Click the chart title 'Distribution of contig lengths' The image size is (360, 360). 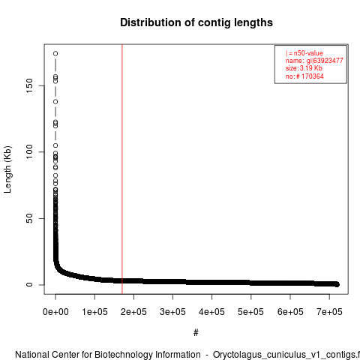coord(196,22)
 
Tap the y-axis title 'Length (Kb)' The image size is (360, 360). coord(7,169)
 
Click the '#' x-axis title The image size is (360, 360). coord(196,332)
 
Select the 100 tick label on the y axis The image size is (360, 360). coord(29,151)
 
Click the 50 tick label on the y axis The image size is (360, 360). coord(29,218)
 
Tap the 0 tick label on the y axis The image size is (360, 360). coord(29,284)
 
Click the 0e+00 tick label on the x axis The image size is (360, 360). coord(55,312)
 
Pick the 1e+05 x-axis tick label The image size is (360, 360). coord(94,312)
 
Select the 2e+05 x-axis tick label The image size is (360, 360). coord(133,312)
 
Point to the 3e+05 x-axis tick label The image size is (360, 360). coord(172,312)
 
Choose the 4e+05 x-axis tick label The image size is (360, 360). coord(211,312)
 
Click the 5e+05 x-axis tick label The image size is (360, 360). coord(250,312)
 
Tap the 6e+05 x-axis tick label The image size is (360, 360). coord(290,312)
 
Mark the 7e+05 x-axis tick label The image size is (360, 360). coord(329,312)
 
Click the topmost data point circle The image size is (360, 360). coord(55,53)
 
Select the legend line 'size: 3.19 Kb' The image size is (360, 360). coord(304,68)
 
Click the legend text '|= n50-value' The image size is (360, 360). coord(304,53)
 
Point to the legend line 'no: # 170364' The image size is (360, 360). coord(304,76)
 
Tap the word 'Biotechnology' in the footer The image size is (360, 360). coord(148,355)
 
